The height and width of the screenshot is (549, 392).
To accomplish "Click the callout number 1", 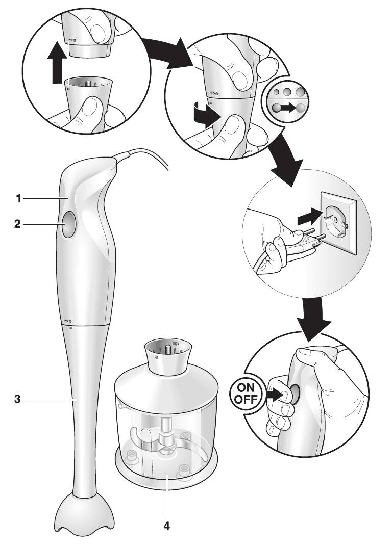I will point(19,199).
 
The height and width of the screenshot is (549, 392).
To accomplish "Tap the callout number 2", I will point(19,224).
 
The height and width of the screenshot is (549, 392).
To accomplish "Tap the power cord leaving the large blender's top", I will point(148,156).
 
